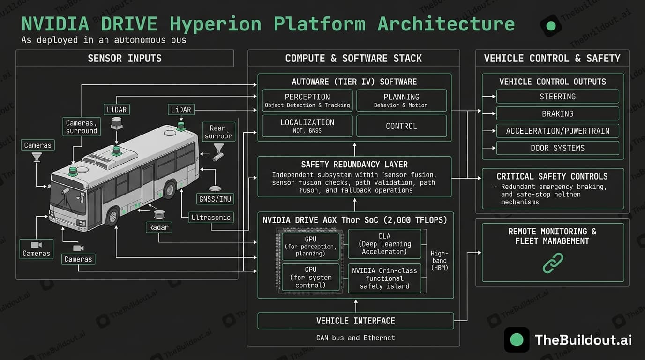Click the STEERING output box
pos(557,97)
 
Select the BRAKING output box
pos(557,114)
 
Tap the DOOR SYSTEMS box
pos(557,148)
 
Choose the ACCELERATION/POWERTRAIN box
pos(557,131)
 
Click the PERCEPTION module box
pos(307,100)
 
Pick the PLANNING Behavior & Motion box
pos(401,100)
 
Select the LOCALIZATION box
pos(307,126)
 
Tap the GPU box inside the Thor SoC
pos(310,247)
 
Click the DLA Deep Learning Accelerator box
pos(384,244)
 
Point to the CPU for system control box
pos(310,277)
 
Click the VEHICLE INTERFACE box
pos(355,321)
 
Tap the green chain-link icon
pos(553,263)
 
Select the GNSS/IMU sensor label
pos(215,199)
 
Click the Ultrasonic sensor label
pos(211,217)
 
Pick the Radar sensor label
pos(159,227)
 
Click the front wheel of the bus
pos(112,217)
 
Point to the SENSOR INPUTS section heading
pos(125,59)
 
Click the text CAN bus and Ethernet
pos(355,337)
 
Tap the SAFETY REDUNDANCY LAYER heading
pos(354,165)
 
